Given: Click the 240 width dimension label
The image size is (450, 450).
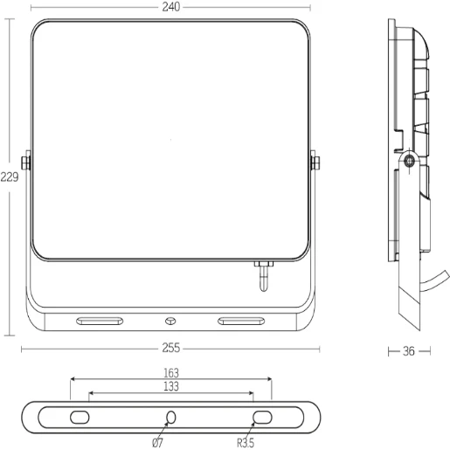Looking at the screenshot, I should point(170,7).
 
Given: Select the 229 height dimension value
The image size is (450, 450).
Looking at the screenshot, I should point(10,176).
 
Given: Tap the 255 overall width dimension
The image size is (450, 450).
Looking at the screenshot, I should point(170,348).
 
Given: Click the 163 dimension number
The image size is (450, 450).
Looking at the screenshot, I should point(170,372).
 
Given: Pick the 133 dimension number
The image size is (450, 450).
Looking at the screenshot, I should point(170,386).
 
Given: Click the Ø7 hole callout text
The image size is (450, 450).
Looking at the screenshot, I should point(158,442).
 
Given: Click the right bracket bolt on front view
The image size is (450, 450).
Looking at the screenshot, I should point(315,162).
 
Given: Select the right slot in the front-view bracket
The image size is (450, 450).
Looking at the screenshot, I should point(242,321).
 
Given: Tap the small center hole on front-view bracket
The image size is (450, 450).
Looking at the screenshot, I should point(170,321).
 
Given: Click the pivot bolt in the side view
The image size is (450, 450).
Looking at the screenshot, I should point(409,161).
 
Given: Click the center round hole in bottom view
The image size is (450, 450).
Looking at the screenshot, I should point(170,417).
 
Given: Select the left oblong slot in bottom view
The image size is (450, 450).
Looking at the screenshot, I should point(79,417).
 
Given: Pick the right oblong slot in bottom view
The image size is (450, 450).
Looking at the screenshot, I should point(262,417).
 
